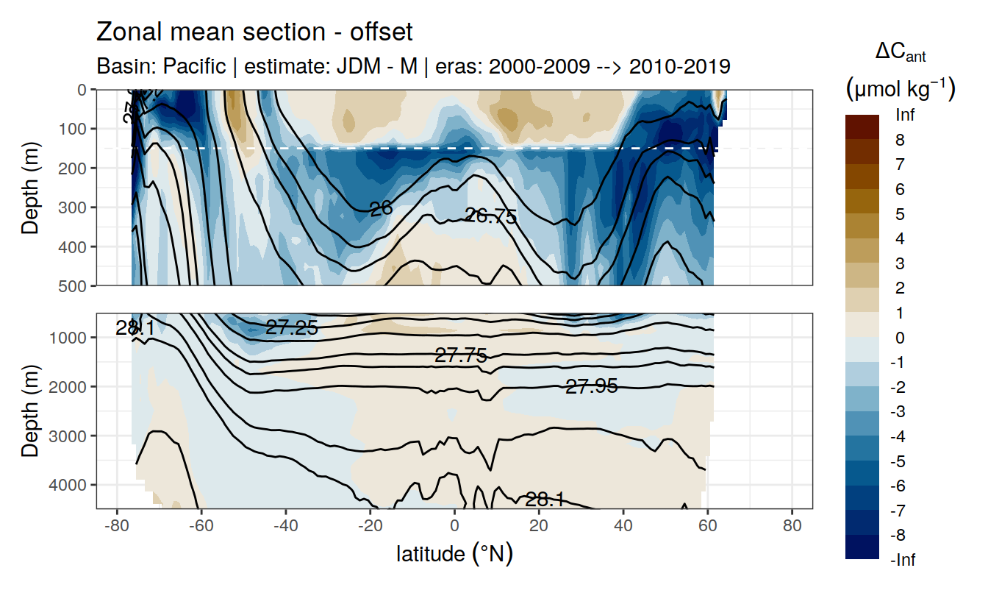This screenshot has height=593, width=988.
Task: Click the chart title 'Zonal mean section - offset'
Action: pyautogui.click(x=254, y=32)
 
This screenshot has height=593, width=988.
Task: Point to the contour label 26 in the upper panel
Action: pyautogui.click(x=381, y=209)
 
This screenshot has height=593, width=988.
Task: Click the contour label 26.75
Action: pyautogui.click(x=491, y=216)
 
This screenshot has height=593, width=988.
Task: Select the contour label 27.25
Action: pyautogui.click(x=292, y=328)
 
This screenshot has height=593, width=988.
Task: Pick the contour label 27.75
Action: pyautogui.click(x=461, y=356)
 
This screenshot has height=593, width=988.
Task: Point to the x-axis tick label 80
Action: pyautogui.click(x=792, y=526)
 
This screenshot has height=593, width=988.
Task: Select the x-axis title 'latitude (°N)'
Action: pyautogui.click(x=454, y=553)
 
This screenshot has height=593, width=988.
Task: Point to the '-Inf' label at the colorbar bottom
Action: pyautogui.click(x=903, y=561)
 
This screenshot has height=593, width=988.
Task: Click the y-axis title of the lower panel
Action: pyautogui.click(x=29, y=410)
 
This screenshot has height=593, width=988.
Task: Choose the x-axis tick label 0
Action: pyautogui.click(x=454, y=526)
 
